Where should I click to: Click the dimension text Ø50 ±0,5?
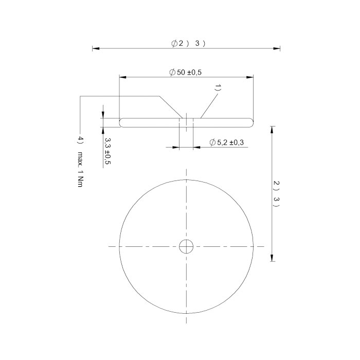click(x=185, y=73)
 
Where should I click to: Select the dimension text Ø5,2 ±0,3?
click(x=227, y=142)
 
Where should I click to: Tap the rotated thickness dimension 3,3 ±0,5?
click(x=107, y=151)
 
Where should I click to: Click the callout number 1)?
click(x=218, y=88)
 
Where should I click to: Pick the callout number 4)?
click(x=80, y=140)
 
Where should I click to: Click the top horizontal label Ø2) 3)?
click(x=188, y=44)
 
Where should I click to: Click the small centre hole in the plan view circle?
click(x=186, y=247)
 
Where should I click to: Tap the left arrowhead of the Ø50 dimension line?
click(x=122, y=78)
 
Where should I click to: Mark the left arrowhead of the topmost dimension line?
click(x=95, y=49)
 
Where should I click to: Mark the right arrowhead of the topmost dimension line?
click(x=277, y=49)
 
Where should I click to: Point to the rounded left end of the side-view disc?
click(x=121, y=122)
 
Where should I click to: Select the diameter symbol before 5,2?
click(x=212, y=142)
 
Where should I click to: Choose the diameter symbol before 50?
click(x=172, y=73)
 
